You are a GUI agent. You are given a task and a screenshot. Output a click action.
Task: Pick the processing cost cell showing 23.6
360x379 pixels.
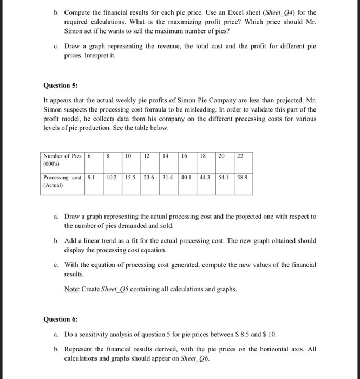(x=148, y=177)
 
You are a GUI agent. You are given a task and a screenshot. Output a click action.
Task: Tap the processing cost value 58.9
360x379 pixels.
(x=243, y=177)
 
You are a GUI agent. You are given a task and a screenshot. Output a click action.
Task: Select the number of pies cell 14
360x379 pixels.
(x=165, y=155)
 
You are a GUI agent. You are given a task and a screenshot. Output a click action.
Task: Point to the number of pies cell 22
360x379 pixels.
(x=240, y=155)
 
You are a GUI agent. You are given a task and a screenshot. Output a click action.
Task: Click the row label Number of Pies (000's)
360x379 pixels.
(x=62, y=159)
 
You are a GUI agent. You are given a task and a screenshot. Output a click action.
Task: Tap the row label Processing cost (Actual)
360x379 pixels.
(x=62, y=181)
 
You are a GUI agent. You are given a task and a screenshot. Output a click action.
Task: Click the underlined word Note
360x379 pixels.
(x=71, y=289)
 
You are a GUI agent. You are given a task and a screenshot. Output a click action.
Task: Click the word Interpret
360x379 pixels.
(x=100, y=56)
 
